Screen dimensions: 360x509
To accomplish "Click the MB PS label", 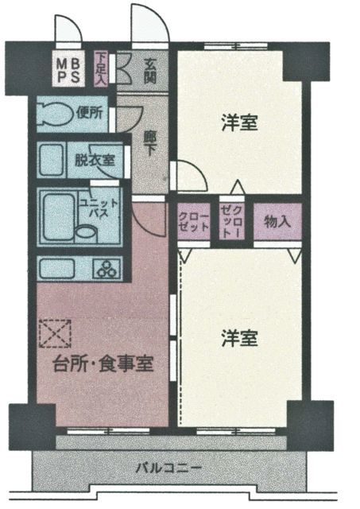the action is click(x=68, y=70).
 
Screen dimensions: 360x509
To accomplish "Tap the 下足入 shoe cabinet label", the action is click(x=101, y=69).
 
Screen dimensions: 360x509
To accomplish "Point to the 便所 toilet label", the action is click(x=90, y=113).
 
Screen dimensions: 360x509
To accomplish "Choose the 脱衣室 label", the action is click(x=95, y=161).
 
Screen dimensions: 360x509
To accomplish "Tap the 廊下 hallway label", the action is click(x=149, y=143).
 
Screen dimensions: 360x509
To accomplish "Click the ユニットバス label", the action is click(x=99, y=209).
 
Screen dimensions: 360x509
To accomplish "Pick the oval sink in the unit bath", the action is click(x=87, y=233).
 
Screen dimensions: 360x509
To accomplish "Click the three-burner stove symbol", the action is click(x=107, y=269).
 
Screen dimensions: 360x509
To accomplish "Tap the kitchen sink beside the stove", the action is click(x=57, y=268).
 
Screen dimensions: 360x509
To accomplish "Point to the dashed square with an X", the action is click(x=55, y=334).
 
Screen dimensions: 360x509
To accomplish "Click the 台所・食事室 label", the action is click(x=103, y=363).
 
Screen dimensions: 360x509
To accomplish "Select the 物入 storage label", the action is click(x=277, y=222).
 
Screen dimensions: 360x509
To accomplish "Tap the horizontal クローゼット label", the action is click(x=194, y=222).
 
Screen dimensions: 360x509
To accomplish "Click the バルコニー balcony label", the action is click(x=168, y=468).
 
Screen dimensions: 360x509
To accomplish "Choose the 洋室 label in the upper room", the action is click(x=240, y=123).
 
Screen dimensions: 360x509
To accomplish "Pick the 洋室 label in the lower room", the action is click(x=240, y=338).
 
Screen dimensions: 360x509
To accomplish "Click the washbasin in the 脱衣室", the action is click(x=52, y=161).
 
